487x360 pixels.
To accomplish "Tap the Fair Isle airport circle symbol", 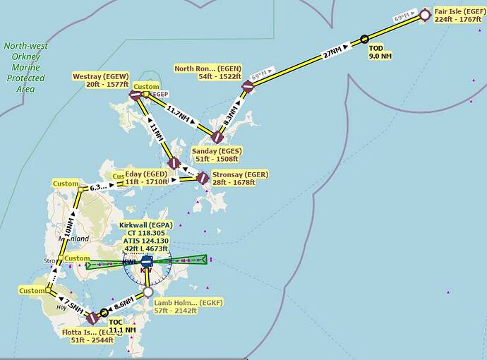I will pos(424,13).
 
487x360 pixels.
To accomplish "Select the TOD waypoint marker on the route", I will pos(364,39).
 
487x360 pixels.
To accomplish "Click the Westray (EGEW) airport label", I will pos(100,80).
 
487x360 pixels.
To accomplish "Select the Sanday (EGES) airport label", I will pos(216,155).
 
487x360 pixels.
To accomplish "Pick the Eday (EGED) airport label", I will pos(146,177).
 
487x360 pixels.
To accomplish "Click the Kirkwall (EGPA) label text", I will pos(146,225).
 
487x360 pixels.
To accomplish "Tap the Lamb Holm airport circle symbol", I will pos(148,292).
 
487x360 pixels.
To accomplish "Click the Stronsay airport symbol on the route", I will pos(203,178).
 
